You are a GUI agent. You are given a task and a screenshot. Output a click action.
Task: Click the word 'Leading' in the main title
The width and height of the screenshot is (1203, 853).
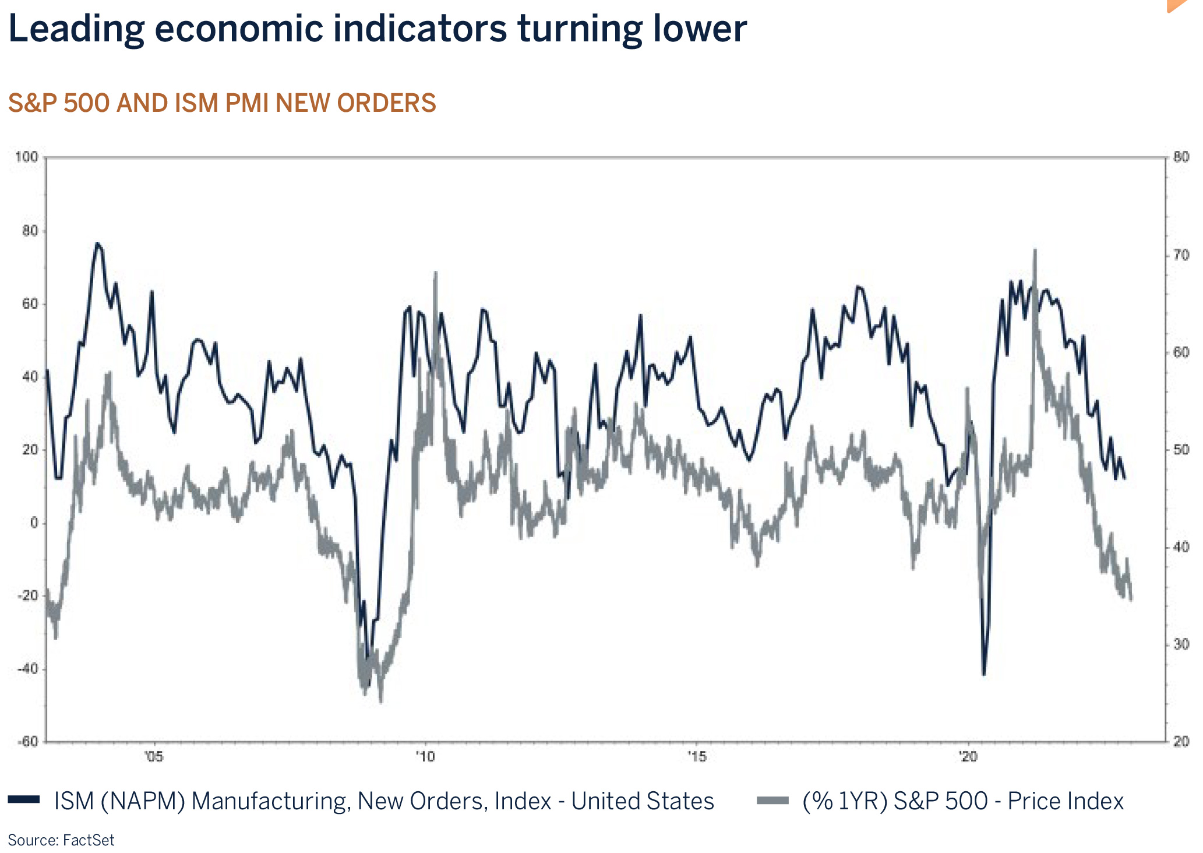point(76,29)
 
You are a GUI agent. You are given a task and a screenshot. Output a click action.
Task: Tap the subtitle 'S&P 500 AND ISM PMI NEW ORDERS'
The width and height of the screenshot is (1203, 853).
point(221,103)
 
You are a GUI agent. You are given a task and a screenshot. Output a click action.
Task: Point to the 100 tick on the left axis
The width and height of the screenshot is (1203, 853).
point(26,157)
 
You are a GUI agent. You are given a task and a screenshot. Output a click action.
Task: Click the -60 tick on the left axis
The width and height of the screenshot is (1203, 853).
point(27,742)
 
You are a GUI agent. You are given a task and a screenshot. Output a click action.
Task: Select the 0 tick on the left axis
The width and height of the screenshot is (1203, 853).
point(34,523)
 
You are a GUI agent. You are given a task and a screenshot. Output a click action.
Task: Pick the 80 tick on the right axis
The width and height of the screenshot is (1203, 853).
point(1181,157)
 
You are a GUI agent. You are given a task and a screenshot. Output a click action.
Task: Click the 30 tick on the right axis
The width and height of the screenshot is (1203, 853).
point(1181,644)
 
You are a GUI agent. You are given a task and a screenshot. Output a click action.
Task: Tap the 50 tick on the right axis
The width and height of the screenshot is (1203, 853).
point(1181,450)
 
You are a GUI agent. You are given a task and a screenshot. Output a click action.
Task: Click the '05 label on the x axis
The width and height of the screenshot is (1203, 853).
point(153,757)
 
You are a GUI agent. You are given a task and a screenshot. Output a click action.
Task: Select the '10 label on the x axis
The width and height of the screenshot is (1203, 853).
point(425,757)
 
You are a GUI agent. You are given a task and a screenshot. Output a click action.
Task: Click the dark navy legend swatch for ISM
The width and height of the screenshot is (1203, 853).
point(24,800)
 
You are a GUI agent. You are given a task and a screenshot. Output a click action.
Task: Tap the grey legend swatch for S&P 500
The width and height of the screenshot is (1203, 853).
point(772,800)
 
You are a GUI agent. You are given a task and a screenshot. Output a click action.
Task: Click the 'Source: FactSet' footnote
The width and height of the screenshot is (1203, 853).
point(61,840)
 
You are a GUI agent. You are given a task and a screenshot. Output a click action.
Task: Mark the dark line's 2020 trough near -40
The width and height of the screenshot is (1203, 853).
point(984,674)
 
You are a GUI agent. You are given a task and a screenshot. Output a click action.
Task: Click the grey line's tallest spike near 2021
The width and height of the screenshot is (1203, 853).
point(1035,251)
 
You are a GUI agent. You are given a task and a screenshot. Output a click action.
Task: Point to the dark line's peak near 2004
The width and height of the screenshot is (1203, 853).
point(97,244)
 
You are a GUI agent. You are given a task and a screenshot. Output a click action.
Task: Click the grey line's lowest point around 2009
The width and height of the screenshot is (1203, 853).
point(380,702)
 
